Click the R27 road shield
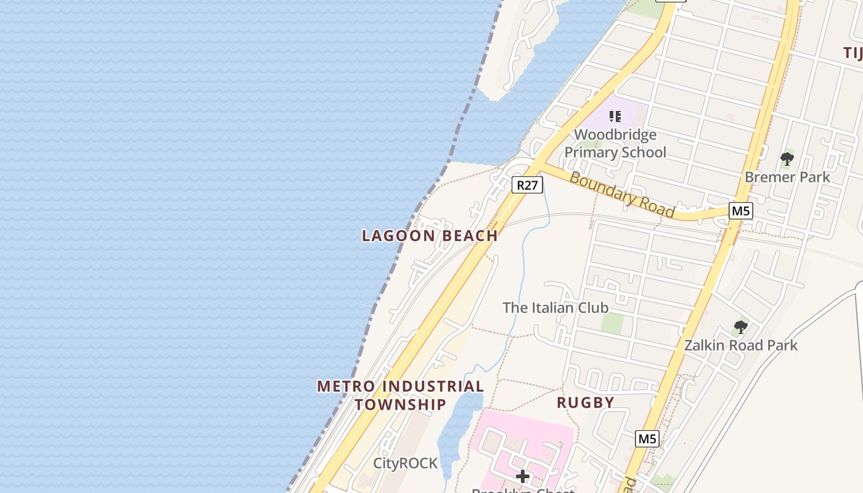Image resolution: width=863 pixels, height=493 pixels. tap(527, 185)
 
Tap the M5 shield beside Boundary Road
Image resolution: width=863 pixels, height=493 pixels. tap(740, 211)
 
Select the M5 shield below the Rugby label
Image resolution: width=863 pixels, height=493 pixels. tap(647, 439)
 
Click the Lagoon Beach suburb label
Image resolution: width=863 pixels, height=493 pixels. tap(430, 235)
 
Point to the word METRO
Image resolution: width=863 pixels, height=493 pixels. tap(346, 386)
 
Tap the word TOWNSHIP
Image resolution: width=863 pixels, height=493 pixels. tap(400, 405)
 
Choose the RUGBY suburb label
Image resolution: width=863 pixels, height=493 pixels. tap(586, 402)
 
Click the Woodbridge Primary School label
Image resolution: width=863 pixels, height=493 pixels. tap(615, 144)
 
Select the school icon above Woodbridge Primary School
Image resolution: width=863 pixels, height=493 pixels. tap(615, 116)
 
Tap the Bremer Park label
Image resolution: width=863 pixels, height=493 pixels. tap(787, 177)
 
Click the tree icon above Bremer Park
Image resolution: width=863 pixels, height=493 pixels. tap(787, 159)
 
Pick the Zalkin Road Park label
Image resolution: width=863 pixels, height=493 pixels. tap(740, 345)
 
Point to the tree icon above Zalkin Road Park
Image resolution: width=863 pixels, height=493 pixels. tap(740, 327)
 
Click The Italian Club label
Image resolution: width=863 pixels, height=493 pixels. tap(555, 308)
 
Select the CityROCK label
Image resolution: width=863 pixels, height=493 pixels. tap(406, 463)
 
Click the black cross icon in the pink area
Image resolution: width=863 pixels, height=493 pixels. tap(523, 476)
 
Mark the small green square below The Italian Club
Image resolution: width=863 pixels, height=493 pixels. tap(612, 323)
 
